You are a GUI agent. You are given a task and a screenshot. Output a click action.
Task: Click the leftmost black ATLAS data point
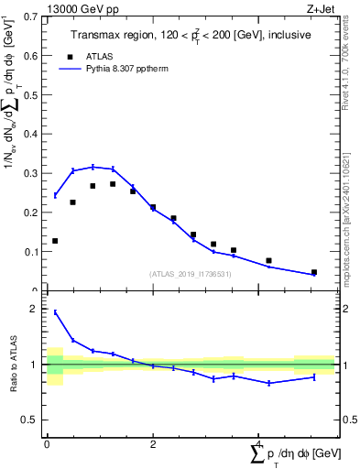(x=55, y=241)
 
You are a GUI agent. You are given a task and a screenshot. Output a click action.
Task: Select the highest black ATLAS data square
(x=113, y=184)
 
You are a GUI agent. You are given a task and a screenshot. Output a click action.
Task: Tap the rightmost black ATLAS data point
(x=314, y=272)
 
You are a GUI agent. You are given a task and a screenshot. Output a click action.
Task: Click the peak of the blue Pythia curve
(x=93, y=167)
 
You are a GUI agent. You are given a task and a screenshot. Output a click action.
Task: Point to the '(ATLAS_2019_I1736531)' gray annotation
(x=190, y=274)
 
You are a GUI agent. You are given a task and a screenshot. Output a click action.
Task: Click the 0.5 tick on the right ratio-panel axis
(x=345, y=420)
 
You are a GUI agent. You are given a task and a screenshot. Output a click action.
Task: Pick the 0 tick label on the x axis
(x=47, y=443)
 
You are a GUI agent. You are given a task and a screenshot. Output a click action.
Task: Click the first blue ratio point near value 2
(x=55, y=312)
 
